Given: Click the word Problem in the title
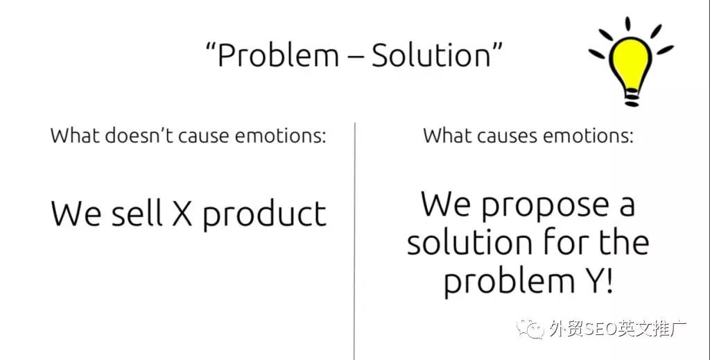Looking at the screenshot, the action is (278, 55).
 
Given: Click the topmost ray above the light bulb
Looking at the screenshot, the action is (627, 24).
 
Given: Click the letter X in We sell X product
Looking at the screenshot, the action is (182, 213).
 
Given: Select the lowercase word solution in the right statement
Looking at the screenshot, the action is (469, 243).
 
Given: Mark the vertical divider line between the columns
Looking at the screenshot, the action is (354, 241).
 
